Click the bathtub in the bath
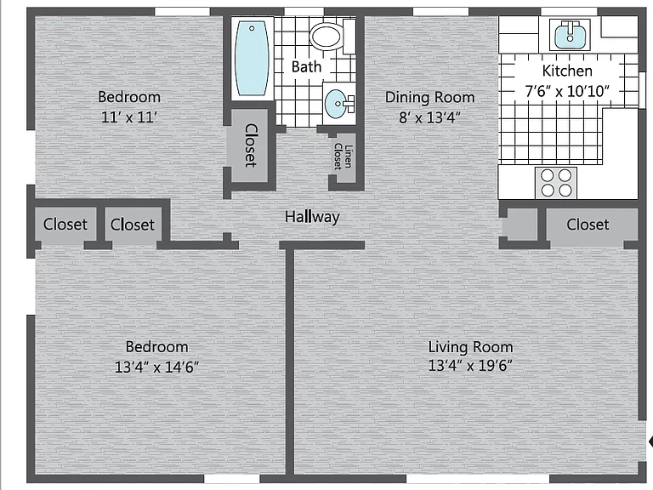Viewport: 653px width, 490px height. [x=251, y=59]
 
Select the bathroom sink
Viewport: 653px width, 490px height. [x=338, y=103]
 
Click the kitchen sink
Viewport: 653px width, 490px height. [x=570, y=35]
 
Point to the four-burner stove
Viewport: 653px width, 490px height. [x=556, y=183]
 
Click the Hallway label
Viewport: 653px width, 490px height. [x=312, y=217]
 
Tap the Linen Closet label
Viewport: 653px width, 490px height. [x=344, y=157]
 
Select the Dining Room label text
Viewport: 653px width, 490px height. [x=429, y=97]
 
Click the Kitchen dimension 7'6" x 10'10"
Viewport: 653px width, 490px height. [x=567, y=91]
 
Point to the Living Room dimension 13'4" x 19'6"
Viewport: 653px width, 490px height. [x=470, y=366]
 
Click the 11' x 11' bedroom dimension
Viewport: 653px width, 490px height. [x=129, y=117]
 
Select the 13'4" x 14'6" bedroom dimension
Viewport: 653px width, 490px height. [x=156, y=367]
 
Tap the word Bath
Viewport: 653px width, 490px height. [x=306, y=66]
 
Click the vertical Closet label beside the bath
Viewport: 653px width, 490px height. [x=251, y=145]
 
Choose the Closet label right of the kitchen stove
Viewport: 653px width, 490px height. [x=588, y=225]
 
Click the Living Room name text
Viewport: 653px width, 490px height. [x=470, y=347]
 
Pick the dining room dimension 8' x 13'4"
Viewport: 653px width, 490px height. [x=429, y=117]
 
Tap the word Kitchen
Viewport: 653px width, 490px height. [x=567, y=71]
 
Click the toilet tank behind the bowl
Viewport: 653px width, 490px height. [x=349, y=37]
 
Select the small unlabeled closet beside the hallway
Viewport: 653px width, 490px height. [x=522, y=225]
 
